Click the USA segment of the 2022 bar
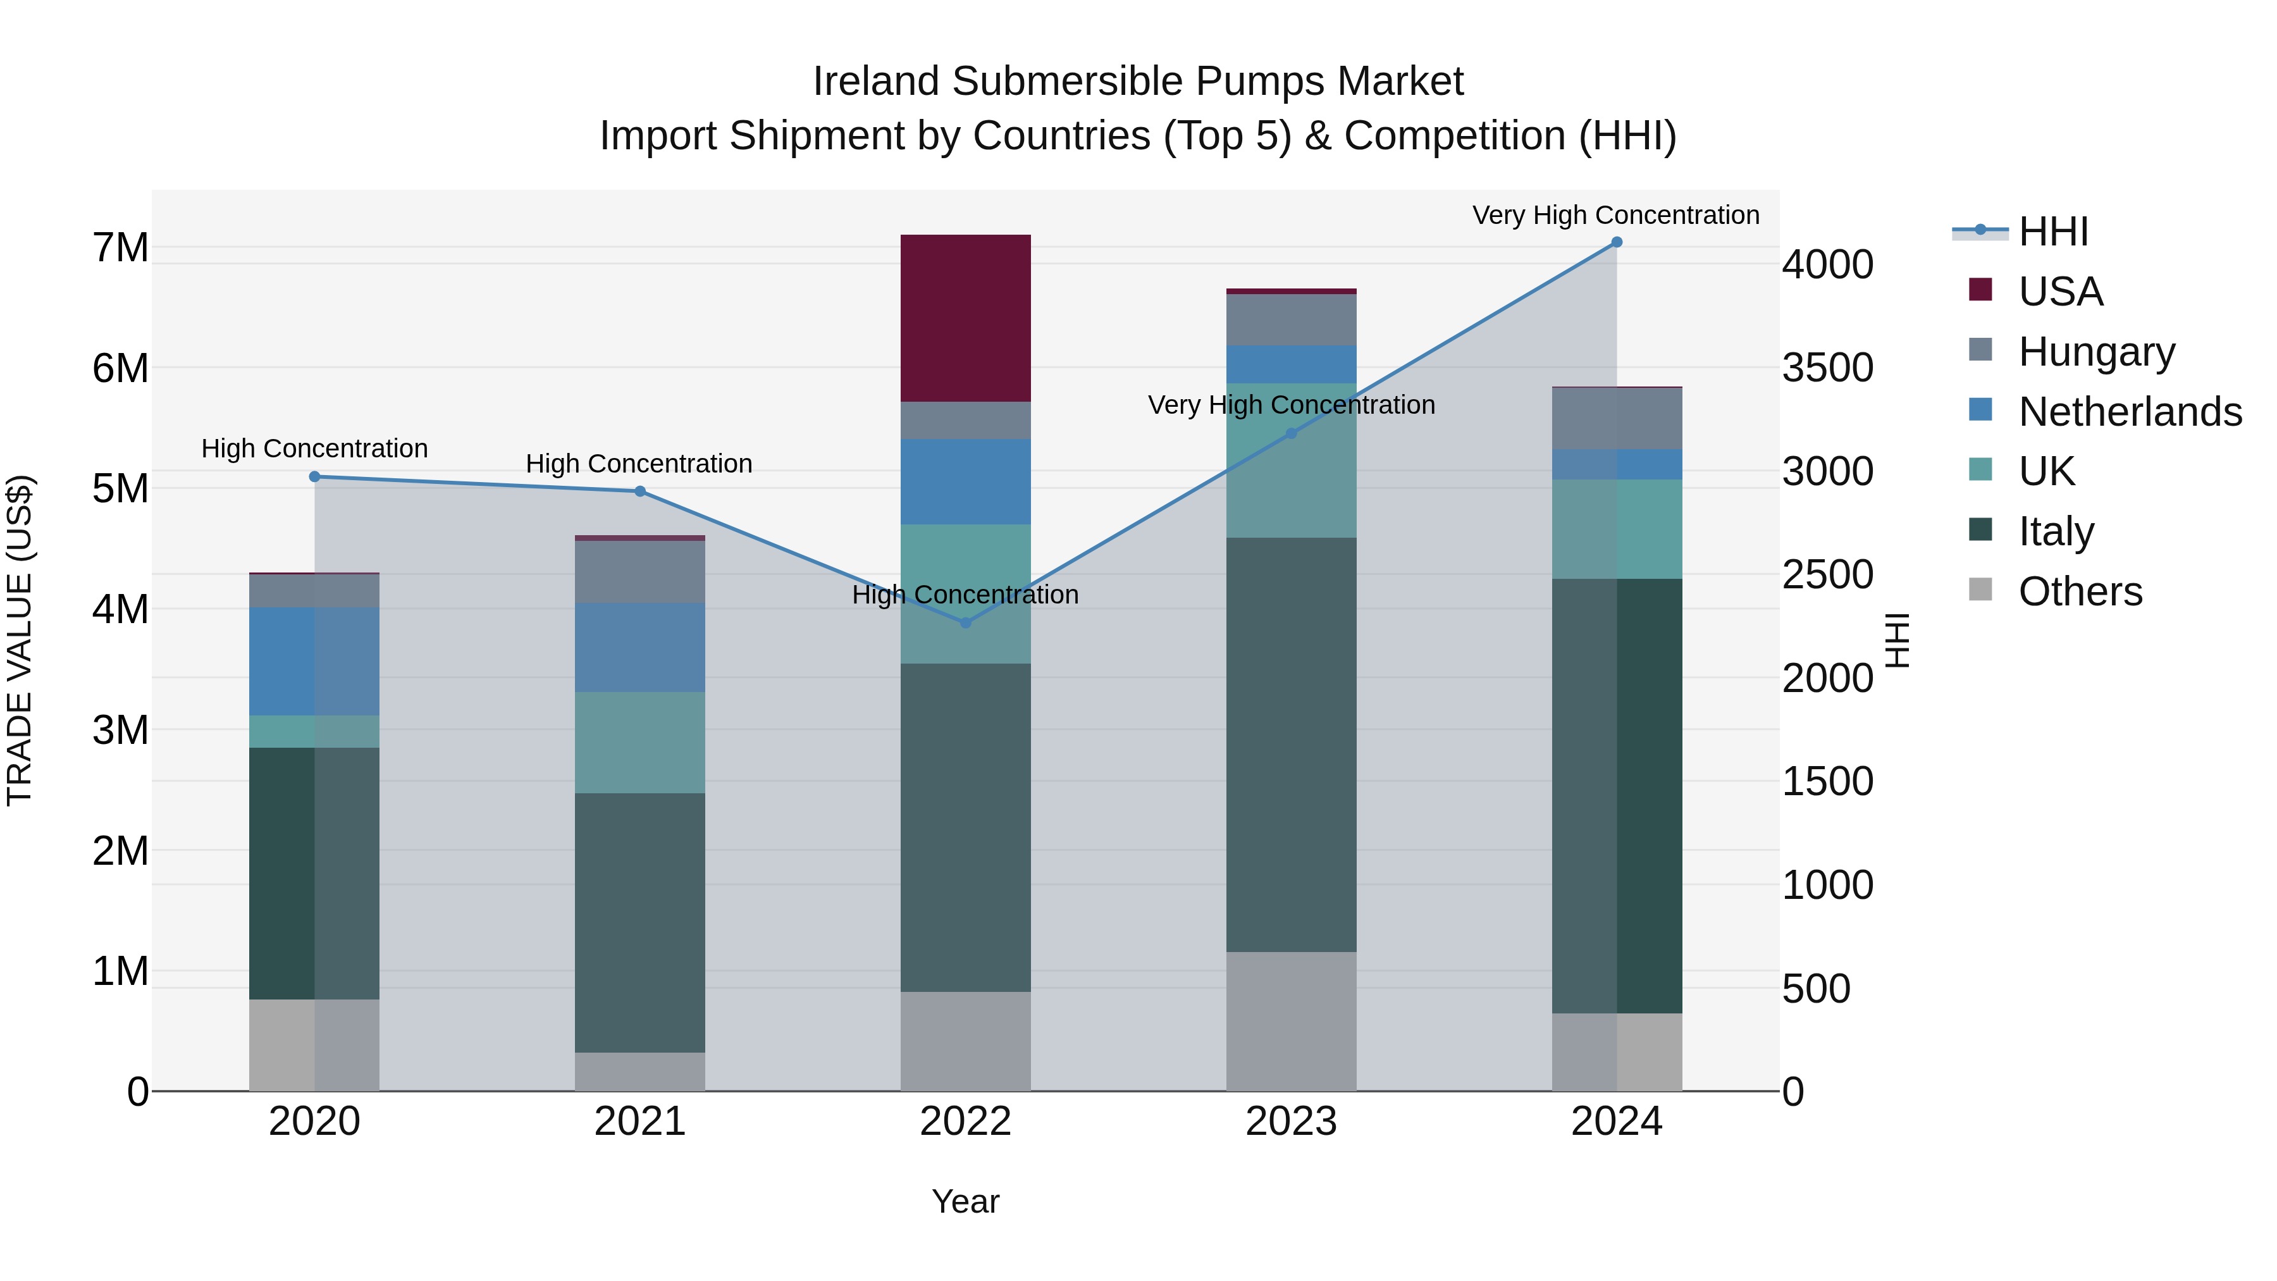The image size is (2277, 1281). [x=965, y=318]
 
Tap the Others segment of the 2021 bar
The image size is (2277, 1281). [x=640, y=1072]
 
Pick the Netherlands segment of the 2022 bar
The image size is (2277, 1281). [x=965, y=482]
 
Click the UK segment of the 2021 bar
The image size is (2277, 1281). [x=640, y=743]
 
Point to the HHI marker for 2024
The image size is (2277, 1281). [x=1617, y=242]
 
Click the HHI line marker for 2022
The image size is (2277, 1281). [x=965, y=623]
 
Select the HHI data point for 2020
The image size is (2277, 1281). [x=315, y=476]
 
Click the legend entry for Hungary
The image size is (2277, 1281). [x=2096, y=352]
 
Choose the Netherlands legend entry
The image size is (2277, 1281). [x=2130, y=412]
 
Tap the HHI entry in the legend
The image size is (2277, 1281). [x=2053, y=232]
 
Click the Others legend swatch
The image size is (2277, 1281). [x=1981, y=590]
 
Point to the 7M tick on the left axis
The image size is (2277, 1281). [x=120, y=247]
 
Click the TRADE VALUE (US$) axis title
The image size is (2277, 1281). [x=20, y=641]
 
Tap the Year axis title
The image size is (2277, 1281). [x=965, y=1201]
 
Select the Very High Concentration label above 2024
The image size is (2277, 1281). [x=1616, y=215]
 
